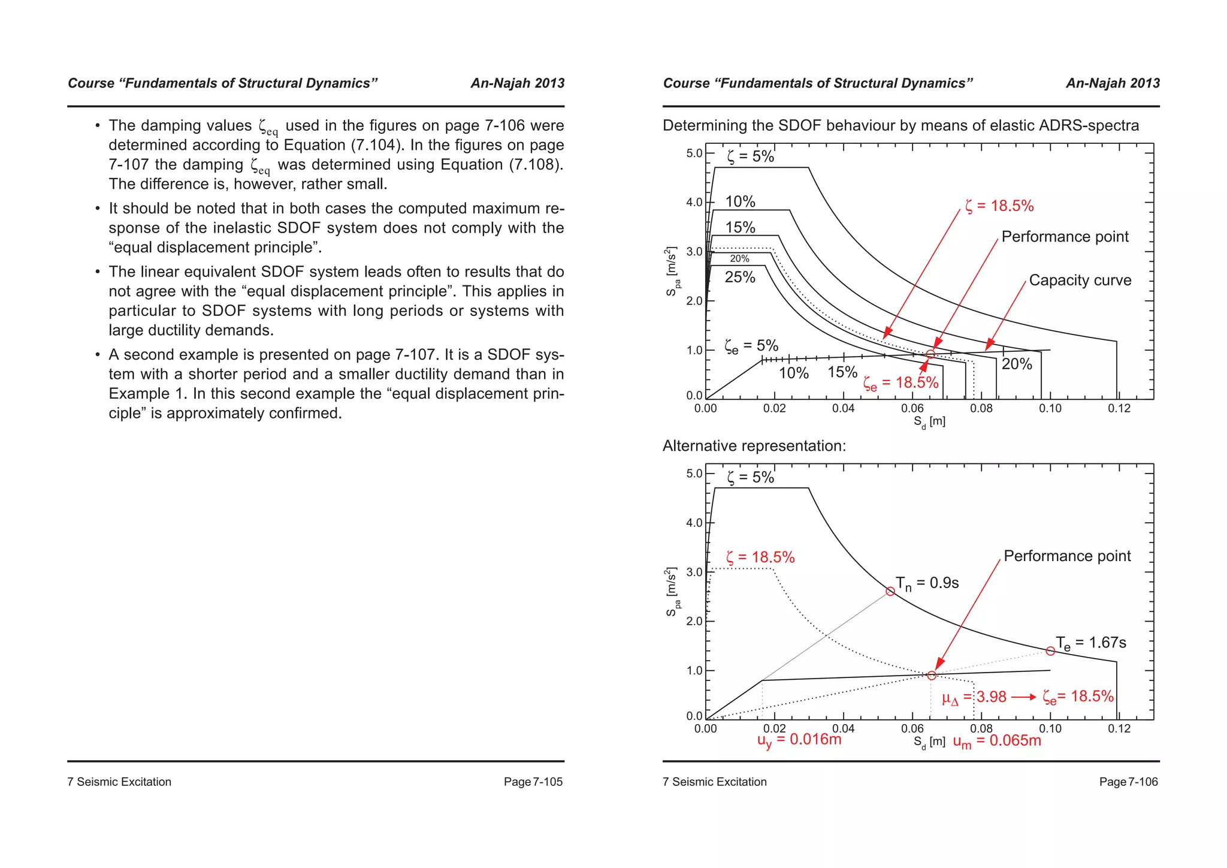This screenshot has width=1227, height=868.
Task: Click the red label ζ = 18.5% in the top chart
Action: [999, 206]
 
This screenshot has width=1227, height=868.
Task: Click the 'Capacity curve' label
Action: [1080, 281]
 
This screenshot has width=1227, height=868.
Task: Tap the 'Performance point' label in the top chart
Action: [1065, 237]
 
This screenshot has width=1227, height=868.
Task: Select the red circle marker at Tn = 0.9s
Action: [890, 591]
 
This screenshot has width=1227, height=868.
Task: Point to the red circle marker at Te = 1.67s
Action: [1050, 651]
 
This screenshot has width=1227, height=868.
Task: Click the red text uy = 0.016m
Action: [799, 740]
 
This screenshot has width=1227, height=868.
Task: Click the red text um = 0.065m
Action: [997, 742]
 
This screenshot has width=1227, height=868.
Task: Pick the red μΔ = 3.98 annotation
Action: [974, 697]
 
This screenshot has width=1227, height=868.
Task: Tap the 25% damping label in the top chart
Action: [740, 278]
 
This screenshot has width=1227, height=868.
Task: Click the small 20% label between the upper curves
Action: [739, 259]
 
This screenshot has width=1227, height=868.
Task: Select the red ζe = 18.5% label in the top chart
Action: [900, 383]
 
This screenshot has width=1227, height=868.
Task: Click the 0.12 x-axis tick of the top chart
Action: [1119, 409]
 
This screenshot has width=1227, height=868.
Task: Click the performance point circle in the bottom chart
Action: [931, 676]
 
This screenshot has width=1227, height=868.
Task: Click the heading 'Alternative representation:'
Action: [754, 446]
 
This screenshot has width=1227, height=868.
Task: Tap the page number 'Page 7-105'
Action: [533, 782]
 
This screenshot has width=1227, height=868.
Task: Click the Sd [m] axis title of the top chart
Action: [929, 422]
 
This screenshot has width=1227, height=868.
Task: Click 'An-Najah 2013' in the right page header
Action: [1113, 83]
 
